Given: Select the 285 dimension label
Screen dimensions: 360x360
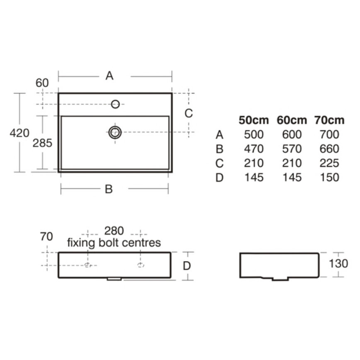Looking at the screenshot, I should pyautogui.click(x=43, y=143).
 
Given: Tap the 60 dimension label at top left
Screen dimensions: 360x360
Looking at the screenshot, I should pyautogui.click(x=42, y=83).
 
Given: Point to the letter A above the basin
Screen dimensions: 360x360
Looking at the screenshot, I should pyautogui.click(x=109, y=75).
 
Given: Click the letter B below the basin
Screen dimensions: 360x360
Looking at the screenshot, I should pyautogui.click(x=109, y=189).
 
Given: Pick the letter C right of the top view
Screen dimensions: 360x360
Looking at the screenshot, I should pyautogui.click(x=189, y=113).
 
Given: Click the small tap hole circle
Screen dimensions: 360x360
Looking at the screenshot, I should pyautogui.click(x=116, y=104).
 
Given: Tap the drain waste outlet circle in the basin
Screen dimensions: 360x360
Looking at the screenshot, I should pyautogui.click(x=115, y=132).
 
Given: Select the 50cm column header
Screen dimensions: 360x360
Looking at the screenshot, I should pyautogui.click(x=254, y=120).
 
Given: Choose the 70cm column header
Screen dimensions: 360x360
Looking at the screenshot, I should pyautogui.click(x=329, y=120).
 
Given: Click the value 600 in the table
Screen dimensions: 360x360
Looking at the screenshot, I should pyautogui.click(x=292, y=135).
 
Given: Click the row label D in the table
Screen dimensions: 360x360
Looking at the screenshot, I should pyautogui.click(x=219, y=178).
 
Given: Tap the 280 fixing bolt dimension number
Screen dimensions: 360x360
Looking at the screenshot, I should pyautogui.click(x=114, y=231).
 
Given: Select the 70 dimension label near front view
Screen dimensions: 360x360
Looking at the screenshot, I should pyautogui.click(x=46, y=236).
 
